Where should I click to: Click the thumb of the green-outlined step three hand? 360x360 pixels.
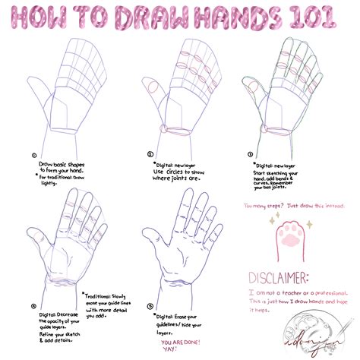click(x=252, y=90)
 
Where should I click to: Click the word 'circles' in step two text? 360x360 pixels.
click(x=187, y=172)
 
